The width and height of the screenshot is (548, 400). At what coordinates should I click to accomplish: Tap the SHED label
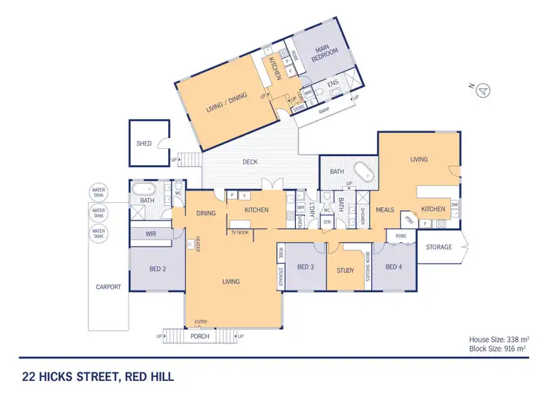(144, 144)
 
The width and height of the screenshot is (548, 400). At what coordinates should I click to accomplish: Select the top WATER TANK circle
(98, 193)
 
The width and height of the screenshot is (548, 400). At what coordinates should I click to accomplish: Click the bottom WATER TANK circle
(98, 234)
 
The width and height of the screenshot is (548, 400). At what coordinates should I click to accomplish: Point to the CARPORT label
(107, 287)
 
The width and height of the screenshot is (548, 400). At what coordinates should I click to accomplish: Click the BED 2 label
(157, 269)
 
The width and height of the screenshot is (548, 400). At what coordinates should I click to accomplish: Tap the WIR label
(151, 234)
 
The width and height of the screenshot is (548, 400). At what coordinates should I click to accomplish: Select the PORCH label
(199, 336)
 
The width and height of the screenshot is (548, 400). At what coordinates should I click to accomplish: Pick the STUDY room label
(346, 271)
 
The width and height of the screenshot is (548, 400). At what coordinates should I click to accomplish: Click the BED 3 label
(305, 267)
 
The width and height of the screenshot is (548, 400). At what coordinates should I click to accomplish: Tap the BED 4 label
(393, 266)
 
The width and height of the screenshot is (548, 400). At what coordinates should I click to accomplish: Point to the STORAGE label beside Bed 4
(439, 247)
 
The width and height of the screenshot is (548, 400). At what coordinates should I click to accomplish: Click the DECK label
(251, 162)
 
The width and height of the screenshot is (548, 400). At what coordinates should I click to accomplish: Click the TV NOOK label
(240, 232)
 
